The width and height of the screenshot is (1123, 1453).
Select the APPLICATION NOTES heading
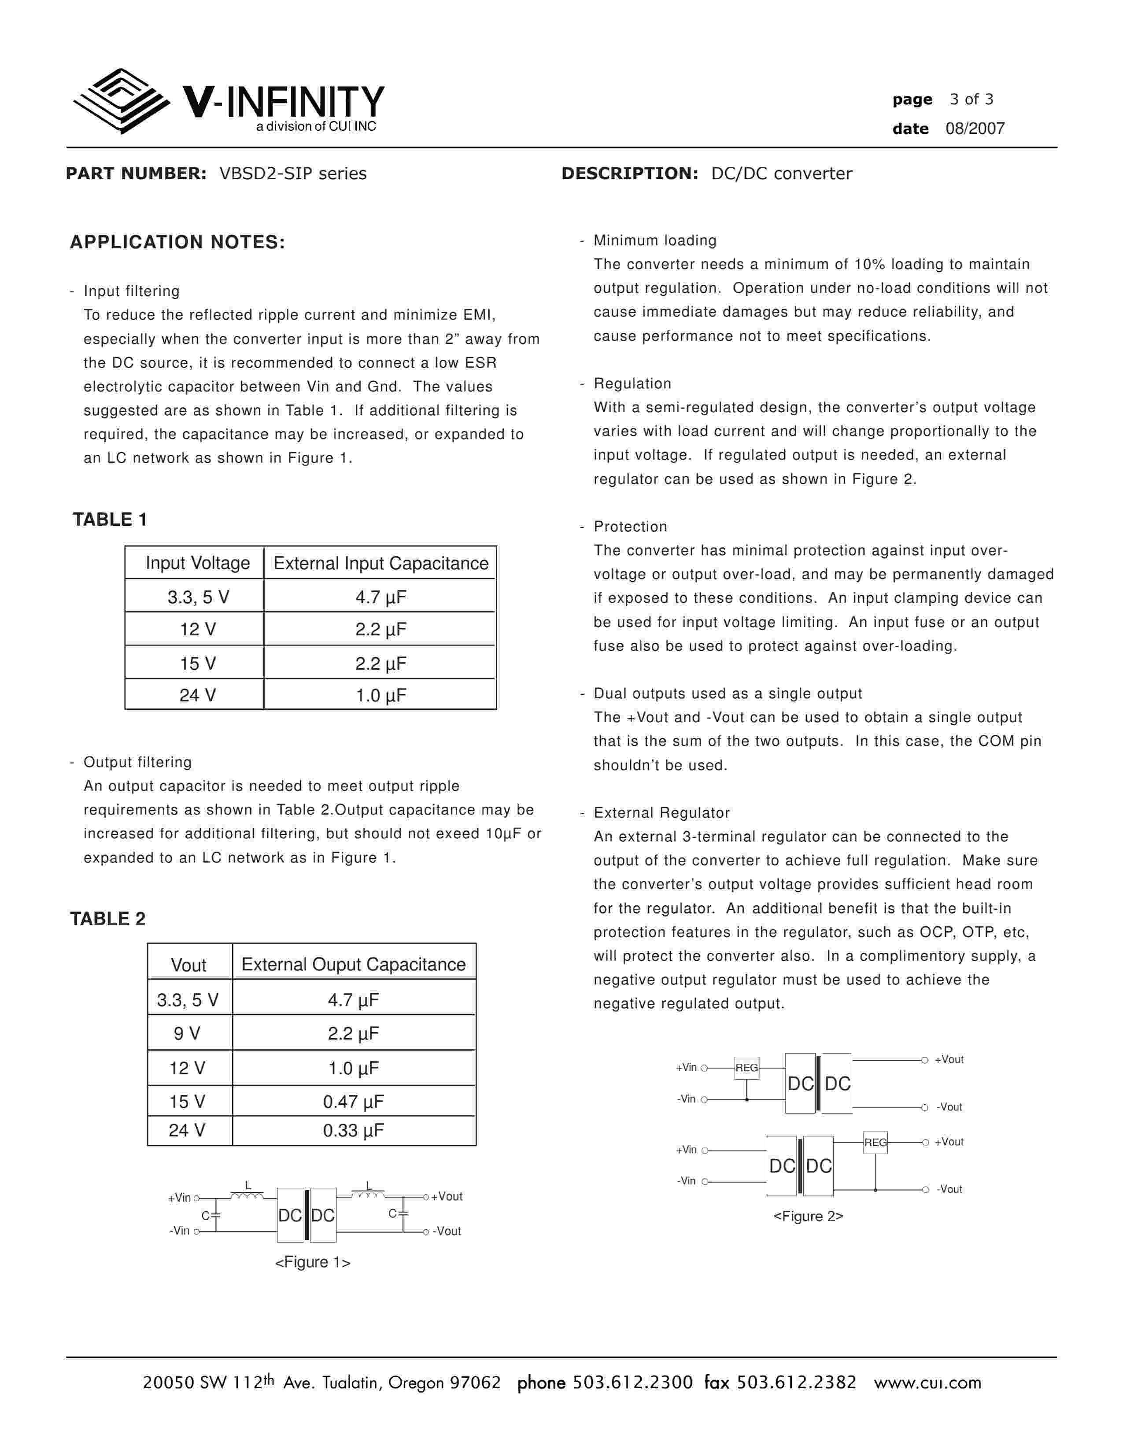point(177,242)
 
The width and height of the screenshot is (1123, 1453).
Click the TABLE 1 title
point(110,520)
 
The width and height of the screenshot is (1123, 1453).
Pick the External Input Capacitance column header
point(380,564)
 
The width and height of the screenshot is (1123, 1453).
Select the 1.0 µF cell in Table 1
point(380,695)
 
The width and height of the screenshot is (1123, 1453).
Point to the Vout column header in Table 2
point(188,965)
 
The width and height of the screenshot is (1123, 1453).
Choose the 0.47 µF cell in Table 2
point(353,1102)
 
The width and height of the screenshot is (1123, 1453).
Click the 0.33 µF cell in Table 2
point(353,1130)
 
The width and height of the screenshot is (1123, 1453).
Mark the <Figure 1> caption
point(313,1262)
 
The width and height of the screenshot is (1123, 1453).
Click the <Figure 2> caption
point(808,1216)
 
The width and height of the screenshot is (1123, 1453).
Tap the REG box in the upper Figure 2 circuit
point(746,1068)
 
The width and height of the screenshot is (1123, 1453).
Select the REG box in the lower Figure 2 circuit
point(875,1142)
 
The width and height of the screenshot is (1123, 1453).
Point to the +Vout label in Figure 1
point(447,1196)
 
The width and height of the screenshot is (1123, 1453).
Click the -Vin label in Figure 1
point(180,1231)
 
